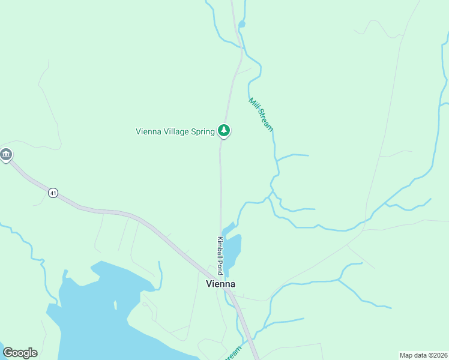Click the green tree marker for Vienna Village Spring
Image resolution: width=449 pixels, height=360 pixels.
click(x=224, y=130)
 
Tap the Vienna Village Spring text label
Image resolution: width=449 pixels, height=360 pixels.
click(x=175, y=131)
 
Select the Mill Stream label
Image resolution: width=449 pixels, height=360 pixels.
click(x=261, y=115)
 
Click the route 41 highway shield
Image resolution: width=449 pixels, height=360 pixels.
click(x=53, y=193)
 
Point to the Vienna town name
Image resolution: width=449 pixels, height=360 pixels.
click(x=220, y=284)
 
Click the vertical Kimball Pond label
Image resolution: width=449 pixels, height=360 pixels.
click(x=220, y=255)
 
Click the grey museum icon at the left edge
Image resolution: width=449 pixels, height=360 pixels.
click(x=6, y=155)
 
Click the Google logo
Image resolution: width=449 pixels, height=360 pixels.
click(x=20, y=353)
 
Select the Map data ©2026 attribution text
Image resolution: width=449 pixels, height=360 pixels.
click(x=423, y=355)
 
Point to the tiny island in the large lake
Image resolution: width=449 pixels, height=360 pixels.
click(x=115, y=305)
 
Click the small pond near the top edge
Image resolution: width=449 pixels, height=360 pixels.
click(x=242, y=25)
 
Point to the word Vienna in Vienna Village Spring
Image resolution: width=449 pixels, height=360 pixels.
click(x=148, y=131)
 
